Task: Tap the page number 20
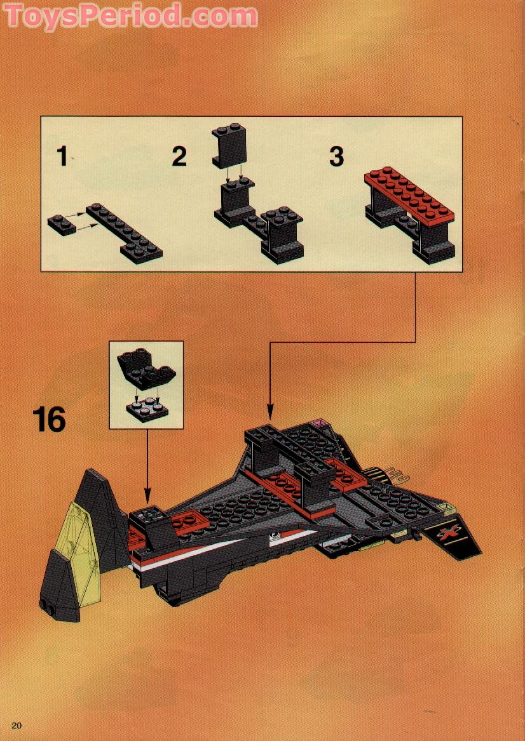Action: click(x=17, y=726)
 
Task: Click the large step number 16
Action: click(x=49, y=420)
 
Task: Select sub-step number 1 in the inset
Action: click(x=62, y=156)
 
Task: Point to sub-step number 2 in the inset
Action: click(x=179, y=157)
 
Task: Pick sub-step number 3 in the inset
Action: click(x=336, y=156)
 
